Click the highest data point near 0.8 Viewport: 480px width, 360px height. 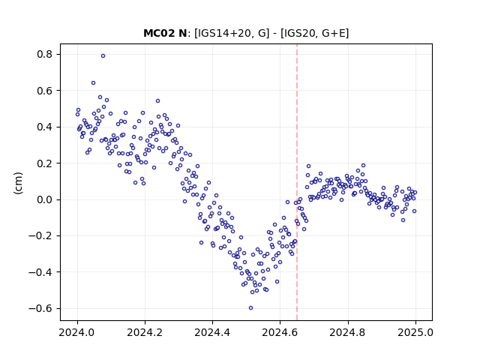[103, 55]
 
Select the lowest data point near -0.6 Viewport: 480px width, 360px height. [250, 308]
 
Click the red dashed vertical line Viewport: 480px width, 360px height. [297, 182]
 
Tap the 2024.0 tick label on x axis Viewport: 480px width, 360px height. [77, 332]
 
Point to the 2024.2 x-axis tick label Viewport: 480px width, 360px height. [145, 332]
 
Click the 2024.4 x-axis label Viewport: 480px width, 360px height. [212, 332]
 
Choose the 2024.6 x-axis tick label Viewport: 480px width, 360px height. [280, 332]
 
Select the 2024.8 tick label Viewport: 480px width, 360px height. [348, 332]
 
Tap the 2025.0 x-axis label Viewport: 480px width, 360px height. [415, 332]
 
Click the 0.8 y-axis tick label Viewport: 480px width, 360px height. [45, 55]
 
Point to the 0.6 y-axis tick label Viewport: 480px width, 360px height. [45, 91]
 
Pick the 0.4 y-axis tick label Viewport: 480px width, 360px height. [45, 127]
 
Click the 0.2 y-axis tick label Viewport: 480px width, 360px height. [45, 163]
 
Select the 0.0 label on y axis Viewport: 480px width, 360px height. [45, 199]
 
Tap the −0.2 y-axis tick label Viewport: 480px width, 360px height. [40, 236]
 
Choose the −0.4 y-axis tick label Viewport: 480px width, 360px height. [40, 272]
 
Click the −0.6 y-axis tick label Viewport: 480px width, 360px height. [40, 308]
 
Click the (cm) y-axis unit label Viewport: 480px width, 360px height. [18, 183]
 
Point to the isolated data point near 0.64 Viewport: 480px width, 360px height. [93, 83]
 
